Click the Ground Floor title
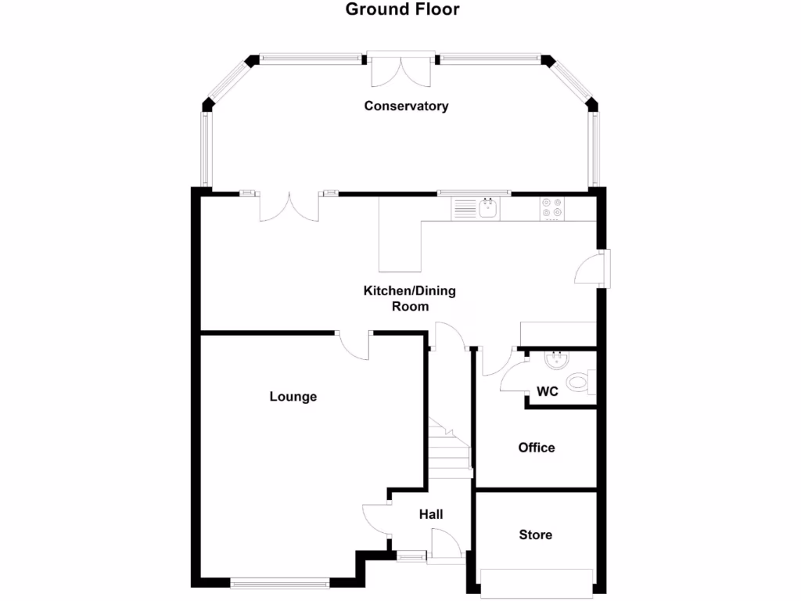402,10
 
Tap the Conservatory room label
406,106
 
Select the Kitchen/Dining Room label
409,298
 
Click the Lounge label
293,397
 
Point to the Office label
537,448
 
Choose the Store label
536,535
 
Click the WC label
548,391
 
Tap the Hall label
431,514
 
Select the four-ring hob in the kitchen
551,207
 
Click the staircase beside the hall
449,450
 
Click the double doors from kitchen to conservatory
289,207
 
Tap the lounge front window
280,582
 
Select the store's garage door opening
537,583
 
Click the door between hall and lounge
376,519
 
